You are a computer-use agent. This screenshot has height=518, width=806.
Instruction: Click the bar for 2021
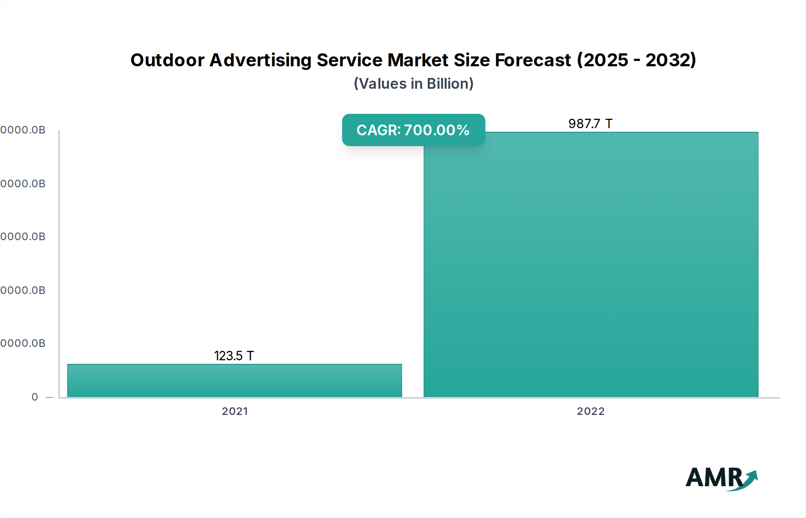coord(234,380)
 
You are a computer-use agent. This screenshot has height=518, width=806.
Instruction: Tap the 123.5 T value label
coord(234,356)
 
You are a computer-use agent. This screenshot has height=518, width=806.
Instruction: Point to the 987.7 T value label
coord(590,124)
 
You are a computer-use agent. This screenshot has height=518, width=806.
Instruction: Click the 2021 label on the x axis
coord(235,411)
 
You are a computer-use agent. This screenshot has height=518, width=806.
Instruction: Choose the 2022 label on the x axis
coord(591,411)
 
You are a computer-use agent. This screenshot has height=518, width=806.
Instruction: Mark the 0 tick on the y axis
coord(35,397)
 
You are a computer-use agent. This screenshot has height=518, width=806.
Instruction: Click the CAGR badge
coord(413,130)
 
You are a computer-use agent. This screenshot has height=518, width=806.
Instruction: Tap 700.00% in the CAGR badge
coord(437,130)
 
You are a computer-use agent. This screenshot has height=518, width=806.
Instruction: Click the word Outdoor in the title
coord(167,60)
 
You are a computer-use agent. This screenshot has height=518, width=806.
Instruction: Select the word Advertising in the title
coord(261,60)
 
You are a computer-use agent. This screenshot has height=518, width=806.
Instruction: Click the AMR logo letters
coord(714,478)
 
